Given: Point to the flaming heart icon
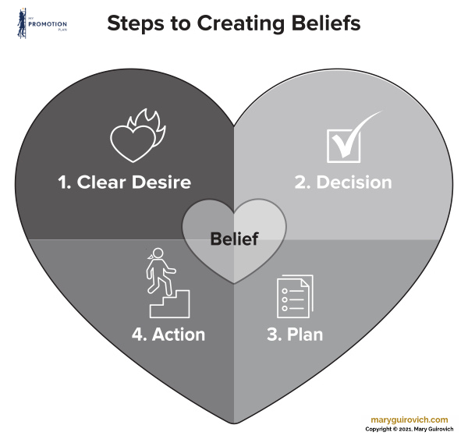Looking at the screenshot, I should pyautogui.click(x=133, y=136).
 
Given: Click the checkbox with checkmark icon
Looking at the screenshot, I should pyautogui.click(x=347, y=137).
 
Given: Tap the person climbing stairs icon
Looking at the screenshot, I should pyautogui.click(x=163, y=283).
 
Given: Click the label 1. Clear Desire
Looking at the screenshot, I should pyautogui.click(x=124, y=183).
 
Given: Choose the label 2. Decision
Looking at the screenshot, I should pyautogui.click(x=342, y=183).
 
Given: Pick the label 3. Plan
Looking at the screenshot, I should pyautogui.click(x=294, y=335).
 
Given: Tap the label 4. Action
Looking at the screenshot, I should pyautogui.click(x=168, y=335).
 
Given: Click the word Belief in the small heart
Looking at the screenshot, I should pyautogui.click(x=234, y=239).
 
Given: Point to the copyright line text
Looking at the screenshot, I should pyautogui.click(x=414, y=430).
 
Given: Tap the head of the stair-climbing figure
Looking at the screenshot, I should pyautogui.click(x=158, y=254).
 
